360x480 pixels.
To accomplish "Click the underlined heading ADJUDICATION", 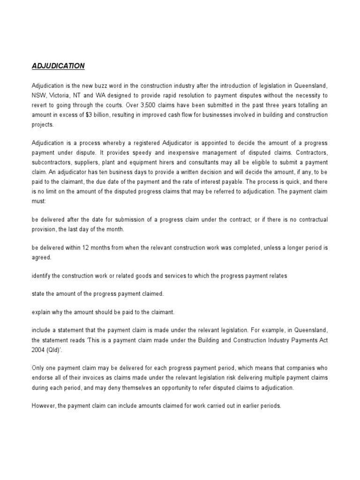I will (58, 66).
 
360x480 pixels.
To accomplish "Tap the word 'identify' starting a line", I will (41, 277).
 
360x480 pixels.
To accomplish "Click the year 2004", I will (39, 350).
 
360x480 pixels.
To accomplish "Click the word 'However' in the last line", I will (44, 406).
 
